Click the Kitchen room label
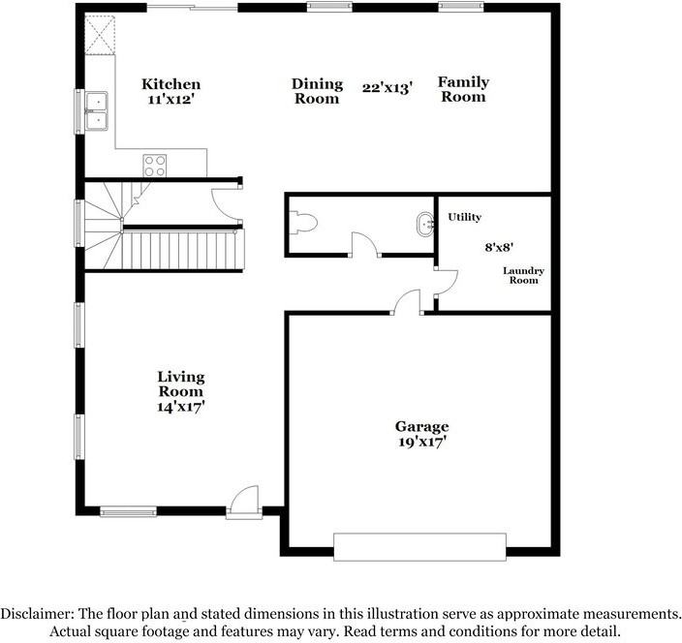pos(171,84)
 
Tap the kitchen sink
pos(96,110)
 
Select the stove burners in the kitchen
pos(155,166)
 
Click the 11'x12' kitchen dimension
pos(171,100)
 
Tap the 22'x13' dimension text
pos(387,87)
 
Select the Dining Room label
pos(317,91)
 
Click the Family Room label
pos(463,89)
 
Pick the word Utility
pos(464,218)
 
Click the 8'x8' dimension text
pos(499,247)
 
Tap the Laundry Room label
pos(523,276)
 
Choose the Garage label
pos(421,426)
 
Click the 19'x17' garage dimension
pos(421,443)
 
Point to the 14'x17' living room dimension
pos(181,408)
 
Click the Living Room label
pos(181,384)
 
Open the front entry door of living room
pos(244,502)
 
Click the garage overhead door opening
pos(419,546)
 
